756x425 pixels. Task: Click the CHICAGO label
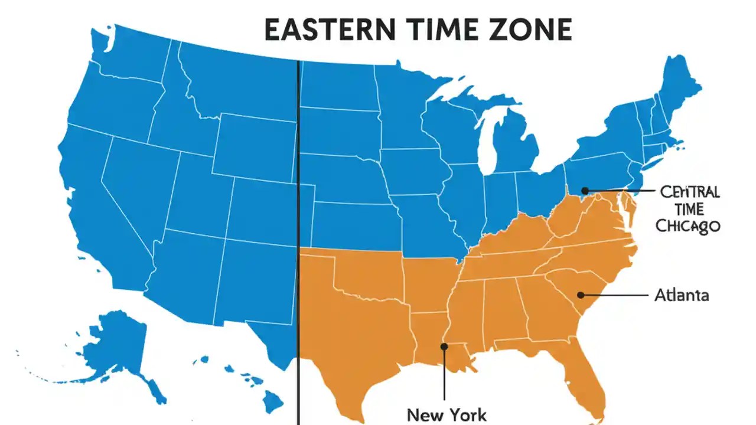689,226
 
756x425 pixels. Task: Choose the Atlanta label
682,295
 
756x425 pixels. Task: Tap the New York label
447,414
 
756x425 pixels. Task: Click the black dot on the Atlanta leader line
581,295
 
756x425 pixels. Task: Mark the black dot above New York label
444,346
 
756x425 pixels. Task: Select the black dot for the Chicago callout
584,191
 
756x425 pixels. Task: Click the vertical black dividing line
299,236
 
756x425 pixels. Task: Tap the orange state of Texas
354,331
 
